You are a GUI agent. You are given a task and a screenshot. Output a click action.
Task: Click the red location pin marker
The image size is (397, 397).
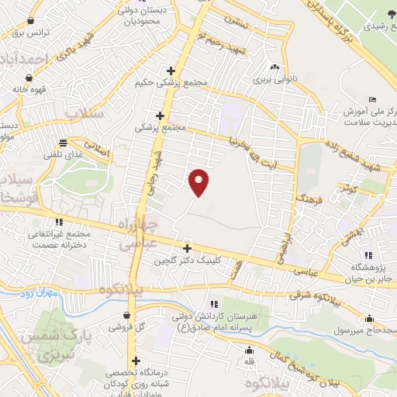click(200, 182)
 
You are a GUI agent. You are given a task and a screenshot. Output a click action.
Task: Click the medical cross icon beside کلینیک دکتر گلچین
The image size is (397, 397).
click(187, 249)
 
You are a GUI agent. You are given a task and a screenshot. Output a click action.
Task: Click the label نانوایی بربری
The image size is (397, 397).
click(275, 78)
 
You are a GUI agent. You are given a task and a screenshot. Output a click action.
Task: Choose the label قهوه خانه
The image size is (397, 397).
click(28, 88)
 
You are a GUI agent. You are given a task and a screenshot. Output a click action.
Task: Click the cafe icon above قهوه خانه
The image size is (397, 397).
click(29, 78)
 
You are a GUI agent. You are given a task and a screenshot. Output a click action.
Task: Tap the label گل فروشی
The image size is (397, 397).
click(125, 328)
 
